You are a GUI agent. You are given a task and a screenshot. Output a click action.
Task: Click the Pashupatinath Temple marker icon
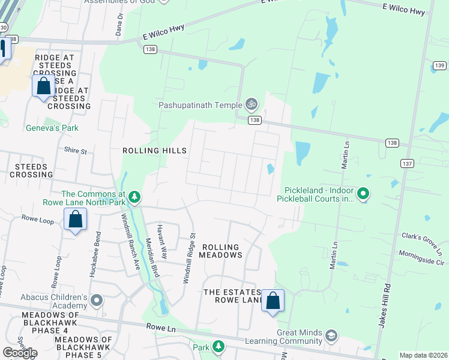(x=252, y=104)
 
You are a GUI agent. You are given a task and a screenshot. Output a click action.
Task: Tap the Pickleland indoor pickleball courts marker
(x=363, y=194)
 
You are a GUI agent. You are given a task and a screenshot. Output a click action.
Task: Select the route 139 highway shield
(x=440, y=65)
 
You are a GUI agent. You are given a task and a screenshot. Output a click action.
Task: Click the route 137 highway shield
(x=406, y=163)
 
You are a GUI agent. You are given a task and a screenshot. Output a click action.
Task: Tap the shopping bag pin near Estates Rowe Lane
(x=273, y=300)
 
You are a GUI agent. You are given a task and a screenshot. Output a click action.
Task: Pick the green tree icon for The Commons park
(x=136, y=197)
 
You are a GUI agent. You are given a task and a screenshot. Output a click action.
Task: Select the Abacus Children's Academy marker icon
(x=97, y=299)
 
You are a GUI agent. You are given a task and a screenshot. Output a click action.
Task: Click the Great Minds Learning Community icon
(x=331, y=335)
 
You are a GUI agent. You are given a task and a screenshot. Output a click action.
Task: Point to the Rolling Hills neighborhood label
(x=154, y=151)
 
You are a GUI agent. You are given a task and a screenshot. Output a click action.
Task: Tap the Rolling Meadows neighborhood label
(x=220, y=251)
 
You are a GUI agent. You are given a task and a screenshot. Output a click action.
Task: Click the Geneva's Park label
(x=52, y=128)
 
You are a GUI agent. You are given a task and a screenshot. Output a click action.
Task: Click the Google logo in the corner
(x=20, y=353)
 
